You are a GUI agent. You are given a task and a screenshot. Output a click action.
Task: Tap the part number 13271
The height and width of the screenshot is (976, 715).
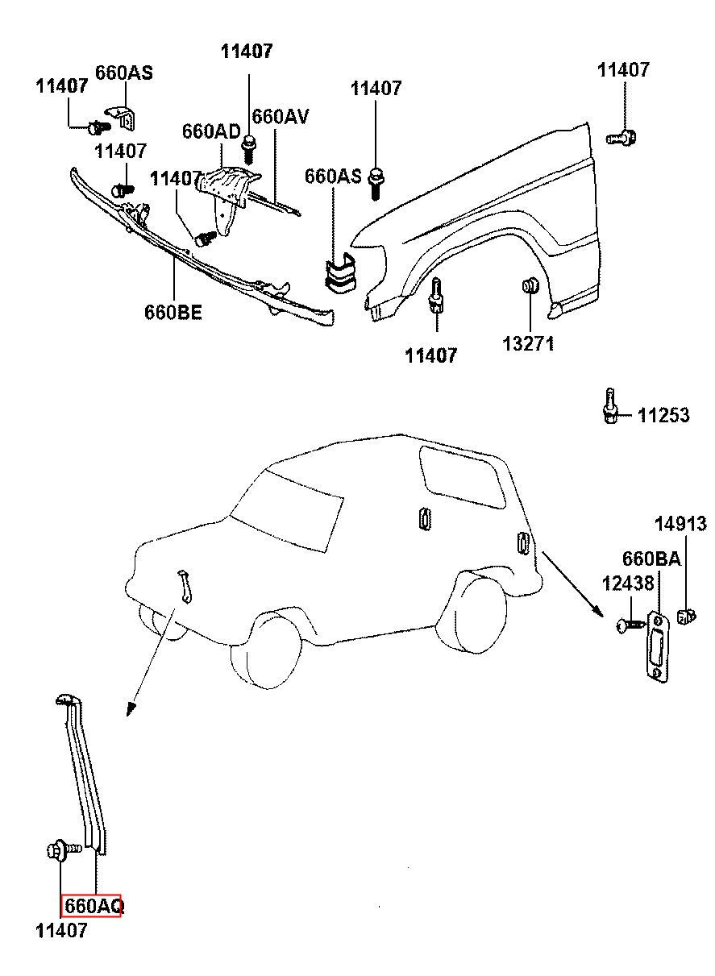click(528, 343)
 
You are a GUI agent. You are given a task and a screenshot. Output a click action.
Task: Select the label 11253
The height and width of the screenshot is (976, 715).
click(663, 415)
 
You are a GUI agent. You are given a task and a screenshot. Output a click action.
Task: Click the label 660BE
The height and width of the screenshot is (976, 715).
click(173, 312)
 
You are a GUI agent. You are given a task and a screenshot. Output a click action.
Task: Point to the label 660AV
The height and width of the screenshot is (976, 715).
click(281, 116)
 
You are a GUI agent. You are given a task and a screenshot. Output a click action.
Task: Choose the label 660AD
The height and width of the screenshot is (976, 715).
click(211, 131)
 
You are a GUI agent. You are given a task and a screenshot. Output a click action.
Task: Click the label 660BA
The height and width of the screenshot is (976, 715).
click(651, 559)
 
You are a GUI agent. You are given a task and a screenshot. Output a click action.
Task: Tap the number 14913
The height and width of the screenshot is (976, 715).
click(680, 524)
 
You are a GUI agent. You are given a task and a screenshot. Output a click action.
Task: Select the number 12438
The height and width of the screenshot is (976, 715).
click(628, 583)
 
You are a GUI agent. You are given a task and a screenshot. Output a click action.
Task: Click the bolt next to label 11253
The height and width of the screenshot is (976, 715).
click(610, 405)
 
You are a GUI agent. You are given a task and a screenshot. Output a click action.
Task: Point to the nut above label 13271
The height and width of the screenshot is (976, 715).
click(530, 285)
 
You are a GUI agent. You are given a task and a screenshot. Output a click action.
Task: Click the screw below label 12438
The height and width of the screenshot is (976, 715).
click(630, 625)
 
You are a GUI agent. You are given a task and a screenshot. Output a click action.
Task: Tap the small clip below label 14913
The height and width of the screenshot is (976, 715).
click(686, 616)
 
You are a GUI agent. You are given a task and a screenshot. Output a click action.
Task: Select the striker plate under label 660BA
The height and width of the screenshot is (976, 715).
click(657, 648)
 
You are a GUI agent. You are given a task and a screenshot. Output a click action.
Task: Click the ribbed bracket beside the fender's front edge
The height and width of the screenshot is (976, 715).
click(340, 272)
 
